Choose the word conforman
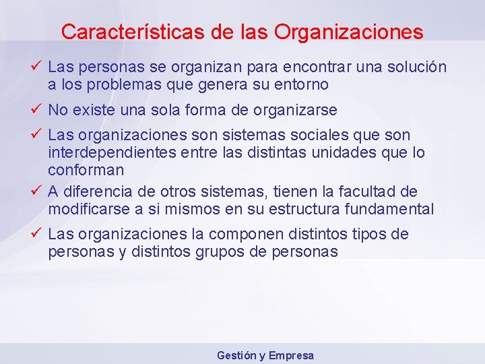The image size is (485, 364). (x=86, y=170)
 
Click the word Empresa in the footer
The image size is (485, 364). (x=292, y=355)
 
